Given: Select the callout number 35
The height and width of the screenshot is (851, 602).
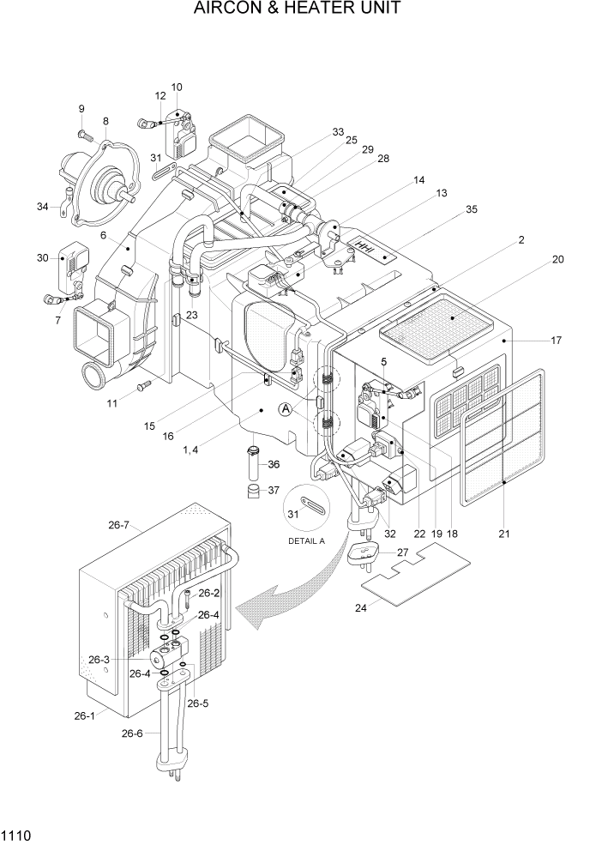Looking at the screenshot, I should tap(471, 208).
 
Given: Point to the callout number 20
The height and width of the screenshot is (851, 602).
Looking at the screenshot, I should tap(558, 259).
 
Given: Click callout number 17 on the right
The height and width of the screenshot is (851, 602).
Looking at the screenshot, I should tap(556, 340).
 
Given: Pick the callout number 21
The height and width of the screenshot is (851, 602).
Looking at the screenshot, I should tap(504, 534).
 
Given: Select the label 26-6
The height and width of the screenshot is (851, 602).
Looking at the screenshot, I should tap(134, 733).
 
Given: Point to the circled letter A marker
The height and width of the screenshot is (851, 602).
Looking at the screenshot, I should tap(286, 411).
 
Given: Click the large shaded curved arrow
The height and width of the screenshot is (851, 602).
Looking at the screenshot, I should tap(274, 601).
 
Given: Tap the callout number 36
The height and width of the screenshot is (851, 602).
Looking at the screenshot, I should tap(274, 464).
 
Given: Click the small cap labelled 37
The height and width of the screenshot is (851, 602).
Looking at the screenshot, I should tap(253, 492).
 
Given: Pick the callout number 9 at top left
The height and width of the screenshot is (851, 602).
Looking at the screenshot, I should tap(81, 109).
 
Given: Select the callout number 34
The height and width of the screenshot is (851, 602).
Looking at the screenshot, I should tap(43, 206).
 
